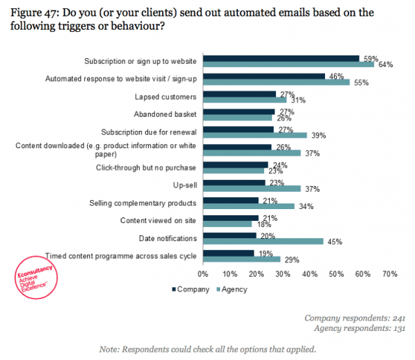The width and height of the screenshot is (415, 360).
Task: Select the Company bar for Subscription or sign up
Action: coord(280,59)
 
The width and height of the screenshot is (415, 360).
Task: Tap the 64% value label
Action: coord(385,65)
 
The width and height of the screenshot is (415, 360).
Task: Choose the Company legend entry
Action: coord(191,289)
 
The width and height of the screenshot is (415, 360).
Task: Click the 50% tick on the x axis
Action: coord(337,274)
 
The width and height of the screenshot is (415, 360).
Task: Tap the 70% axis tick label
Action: coord(389,274)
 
